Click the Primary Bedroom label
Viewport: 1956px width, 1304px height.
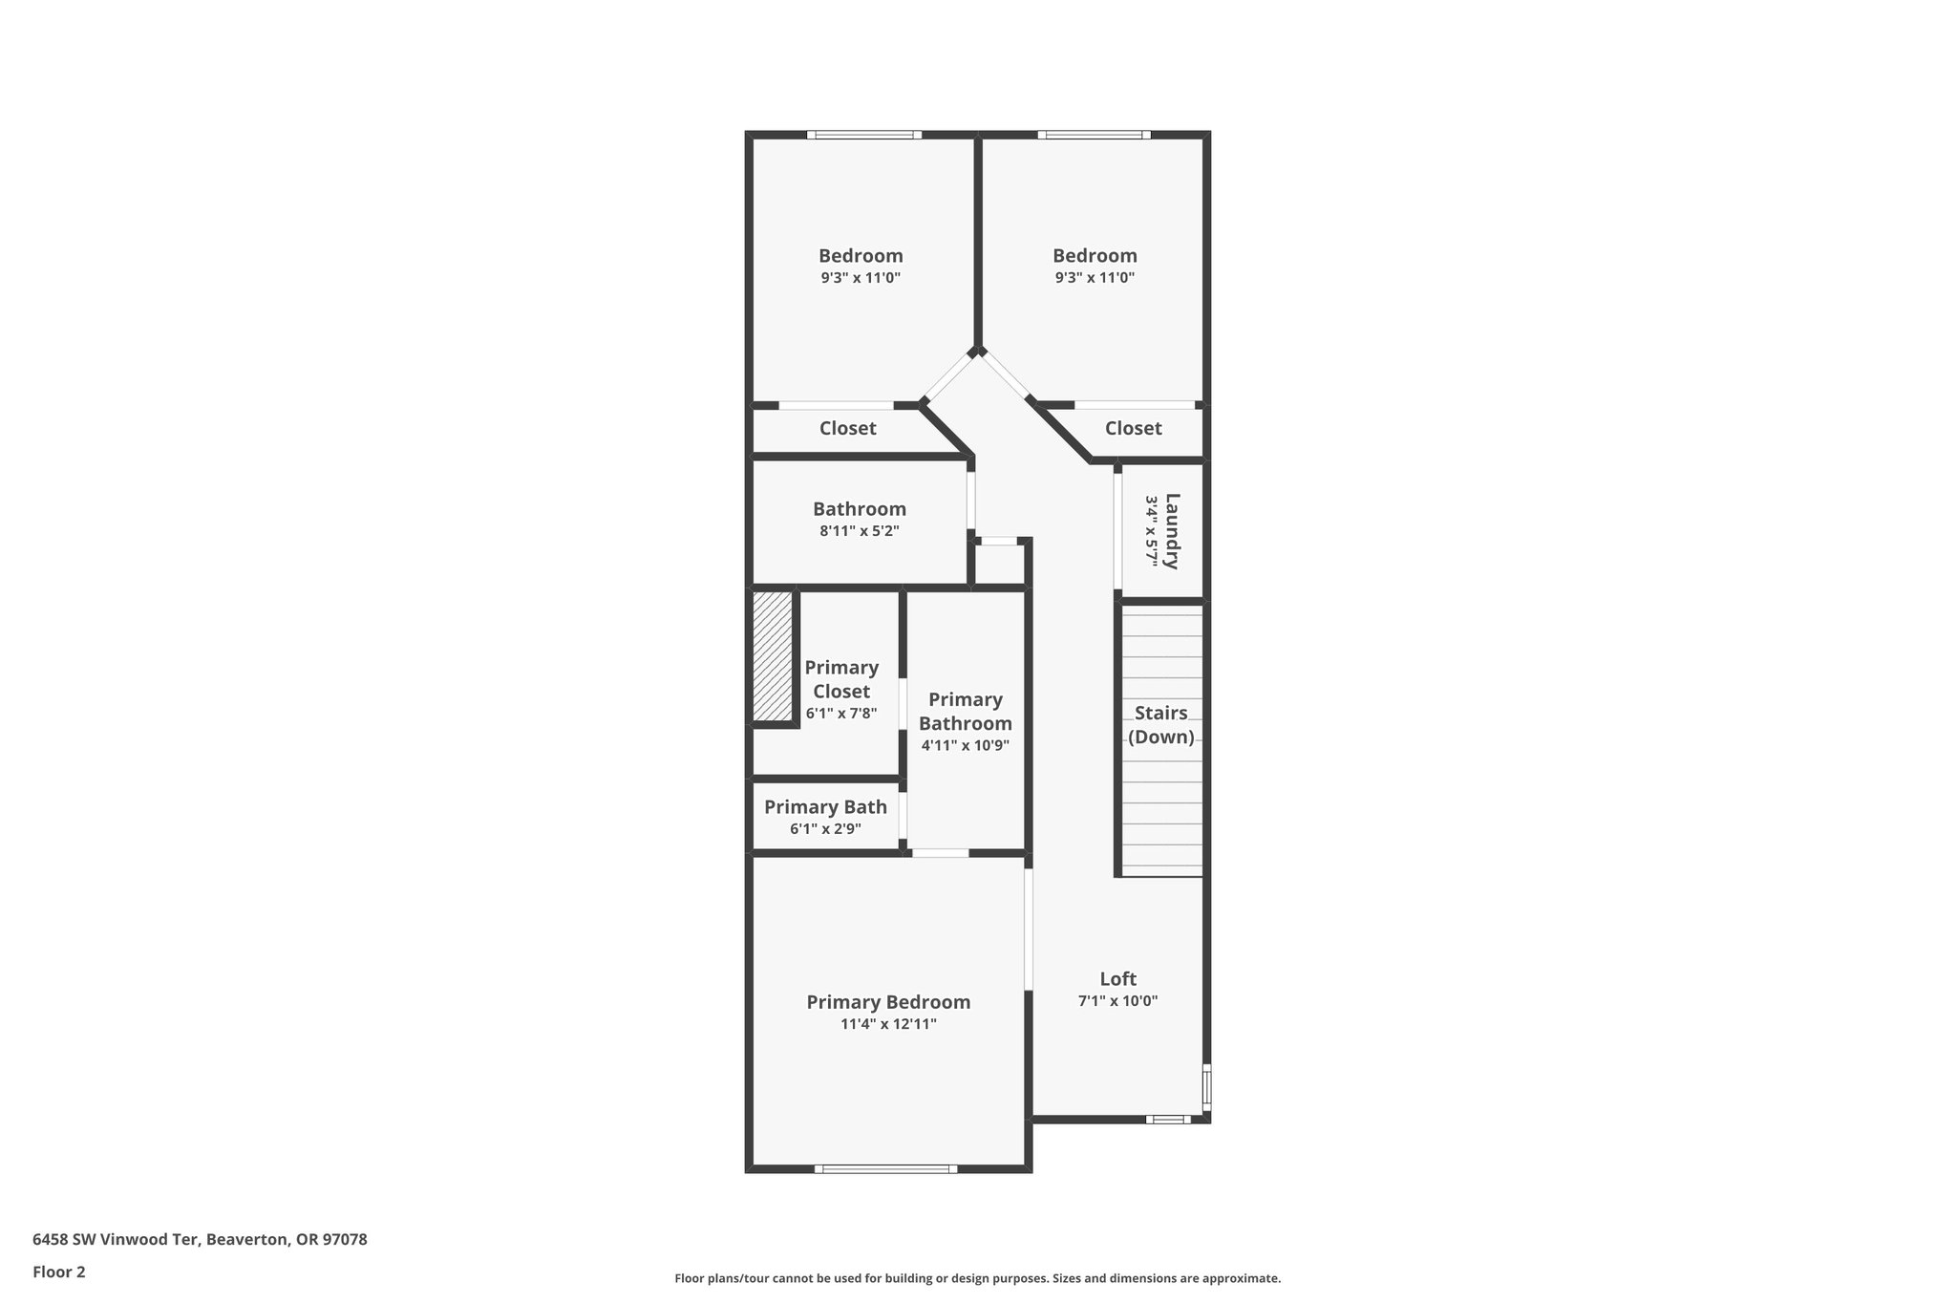click(x=888, y=1002)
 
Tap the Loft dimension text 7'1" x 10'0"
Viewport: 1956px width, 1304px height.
click(x=1117, y=1001)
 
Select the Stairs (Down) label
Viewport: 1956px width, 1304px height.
click(x=1160, y=725)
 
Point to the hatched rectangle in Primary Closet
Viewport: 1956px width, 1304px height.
click(x=773, y=656)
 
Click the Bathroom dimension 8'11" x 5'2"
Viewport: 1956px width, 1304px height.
click(x=859, y=531)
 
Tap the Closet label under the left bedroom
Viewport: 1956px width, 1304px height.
click(x=847, y=428)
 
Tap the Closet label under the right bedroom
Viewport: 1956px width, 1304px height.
click(x=1133, y=428)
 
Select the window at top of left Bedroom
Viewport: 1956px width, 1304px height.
click(x=863, y=135)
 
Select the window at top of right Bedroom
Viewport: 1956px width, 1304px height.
click(x=1094, y=135)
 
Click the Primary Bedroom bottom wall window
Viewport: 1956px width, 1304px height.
click(x=885, y=1168)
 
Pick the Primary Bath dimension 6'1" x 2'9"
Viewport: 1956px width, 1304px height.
click(x=825, y=829)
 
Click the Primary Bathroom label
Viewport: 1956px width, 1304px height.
click(x=965, y=712)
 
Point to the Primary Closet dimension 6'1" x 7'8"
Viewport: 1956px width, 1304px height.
click(x=841, y=714)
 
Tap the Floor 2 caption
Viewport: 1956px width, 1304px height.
click(x=59, y=1272)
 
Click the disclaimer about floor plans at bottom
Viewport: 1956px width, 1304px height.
click(x=977, y=1278)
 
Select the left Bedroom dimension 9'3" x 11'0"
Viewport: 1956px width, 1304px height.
click(x=860, y=278)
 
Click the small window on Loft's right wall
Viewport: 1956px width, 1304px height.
click(x=1206, y=1087)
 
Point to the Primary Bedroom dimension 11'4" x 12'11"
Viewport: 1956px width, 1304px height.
click(x=888, y=1024)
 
